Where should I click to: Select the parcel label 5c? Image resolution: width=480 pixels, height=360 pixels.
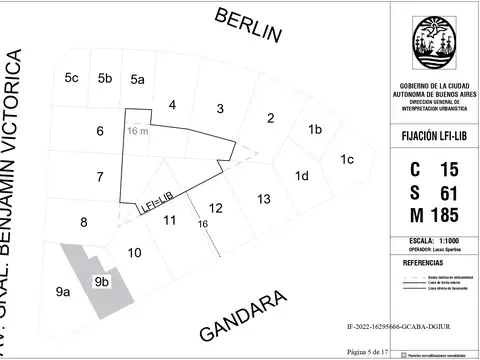pos(71,78)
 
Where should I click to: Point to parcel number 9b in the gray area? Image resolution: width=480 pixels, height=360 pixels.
pos(101,282)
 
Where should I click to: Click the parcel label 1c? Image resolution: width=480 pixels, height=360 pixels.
pos(347,159)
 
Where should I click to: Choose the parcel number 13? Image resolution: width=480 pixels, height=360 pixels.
pos(263,199)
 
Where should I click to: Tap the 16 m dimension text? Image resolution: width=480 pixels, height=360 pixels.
pos(137,130)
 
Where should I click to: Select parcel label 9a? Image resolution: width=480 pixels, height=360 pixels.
pos(63,292)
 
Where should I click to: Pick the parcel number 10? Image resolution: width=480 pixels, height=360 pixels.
pos(134,253)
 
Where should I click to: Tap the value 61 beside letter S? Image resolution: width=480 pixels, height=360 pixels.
pos(449,191)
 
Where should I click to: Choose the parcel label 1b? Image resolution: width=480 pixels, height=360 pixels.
pos(314,129)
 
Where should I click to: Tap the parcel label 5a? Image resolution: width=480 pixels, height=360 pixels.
pos(137,79)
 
